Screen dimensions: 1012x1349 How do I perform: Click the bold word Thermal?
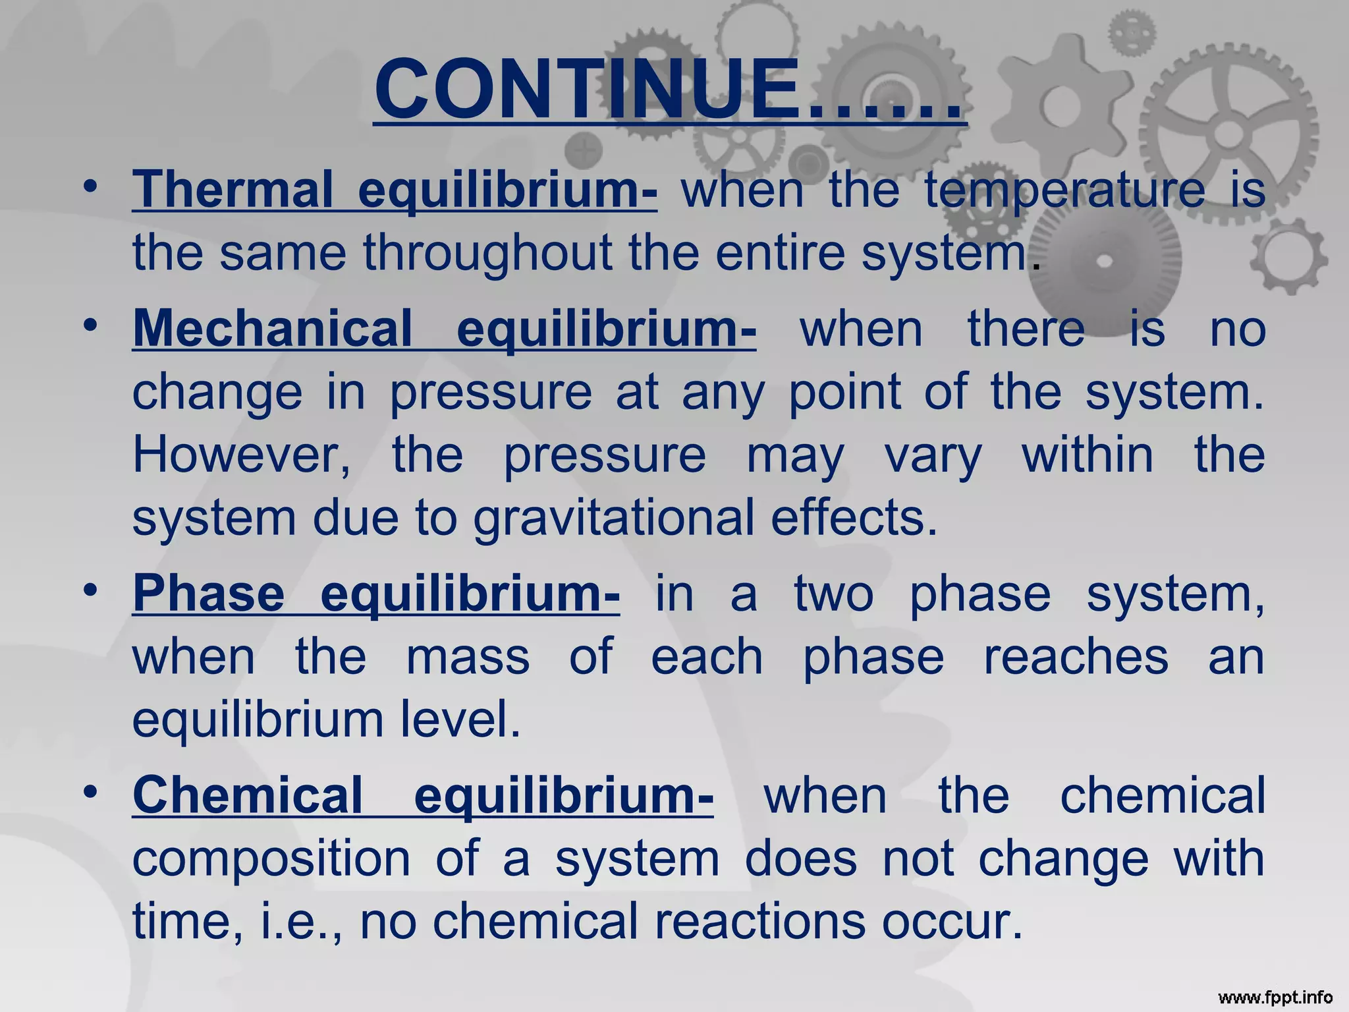tap(233, 190)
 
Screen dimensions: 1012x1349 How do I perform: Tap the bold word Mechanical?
tap(272, 329)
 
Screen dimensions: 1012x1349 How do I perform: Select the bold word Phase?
tap(209, 594)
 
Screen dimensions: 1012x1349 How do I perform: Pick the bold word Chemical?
tap(248, 795)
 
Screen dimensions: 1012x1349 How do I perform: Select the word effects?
tap(854, 518)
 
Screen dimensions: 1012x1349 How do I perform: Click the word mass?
tap(468, 658)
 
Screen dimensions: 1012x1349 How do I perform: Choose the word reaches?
tap(1076, 658)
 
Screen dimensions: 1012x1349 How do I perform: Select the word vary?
tap(933, 456)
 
